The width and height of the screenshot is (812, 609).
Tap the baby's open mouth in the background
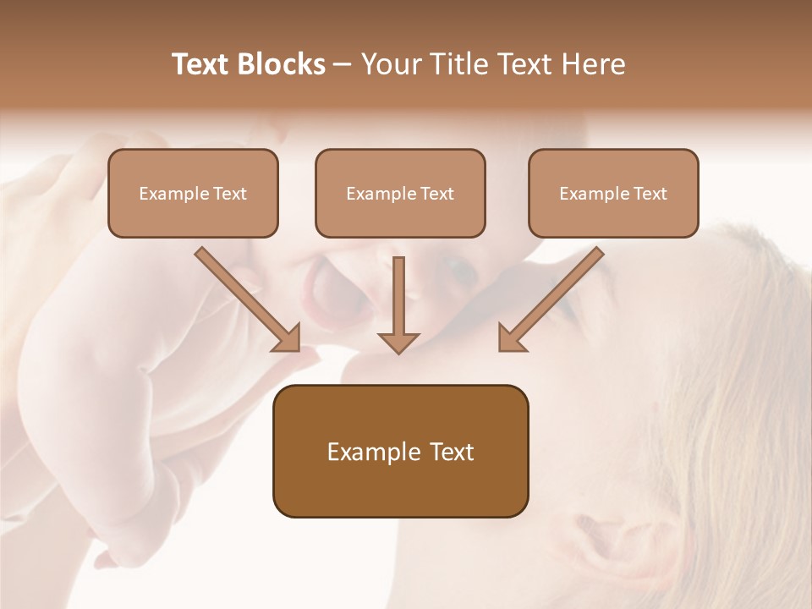[326, 292]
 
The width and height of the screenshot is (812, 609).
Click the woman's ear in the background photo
[626, 541]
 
